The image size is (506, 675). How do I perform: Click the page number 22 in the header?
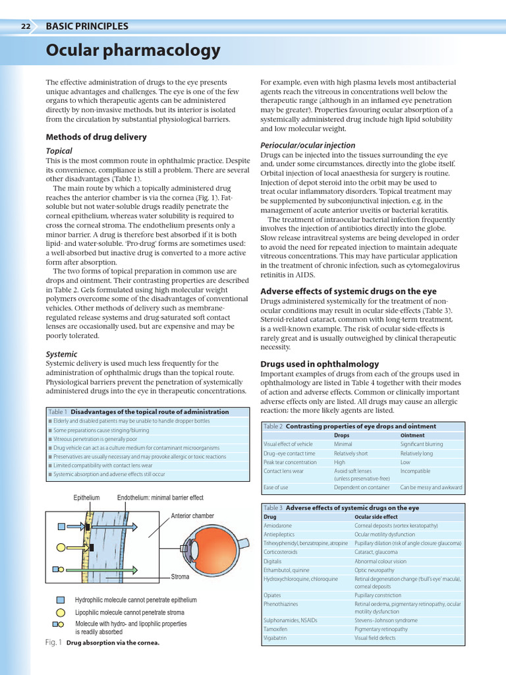pos(26,27)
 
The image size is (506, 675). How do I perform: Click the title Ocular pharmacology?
pos(133,51)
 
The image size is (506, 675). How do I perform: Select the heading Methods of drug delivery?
pos(96,137)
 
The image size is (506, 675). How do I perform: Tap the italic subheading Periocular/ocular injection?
pos(308,145)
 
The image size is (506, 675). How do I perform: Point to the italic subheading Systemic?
pos(61,354)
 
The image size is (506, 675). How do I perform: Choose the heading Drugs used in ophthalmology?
pos(320,364)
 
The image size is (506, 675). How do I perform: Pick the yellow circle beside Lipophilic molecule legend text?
pos(61,612)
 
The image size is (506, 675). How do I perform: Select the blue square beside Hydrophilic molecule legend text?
pos(61,601)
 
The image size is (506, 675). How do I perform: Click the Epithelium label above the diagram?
pos(86,498)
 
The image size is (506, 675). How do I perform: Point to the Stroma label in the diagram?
pos(180,577)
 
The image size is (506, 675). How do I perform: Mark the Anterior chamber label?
pos(192,515)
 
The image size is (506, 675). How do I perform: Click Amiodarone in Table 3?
pos(277,525)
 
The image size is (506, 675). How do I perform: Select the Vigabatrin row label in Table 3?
pos(276,637)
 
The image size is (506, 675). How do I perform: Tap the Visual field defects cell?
pos(375,637)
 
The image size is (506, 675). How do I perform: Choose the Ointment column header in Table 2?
pos(412,435)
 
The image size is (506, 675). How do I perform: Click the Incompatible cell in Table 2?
pos(415,471)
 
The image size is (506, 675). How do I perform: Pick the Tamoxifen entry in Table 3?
pos(276,629)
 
